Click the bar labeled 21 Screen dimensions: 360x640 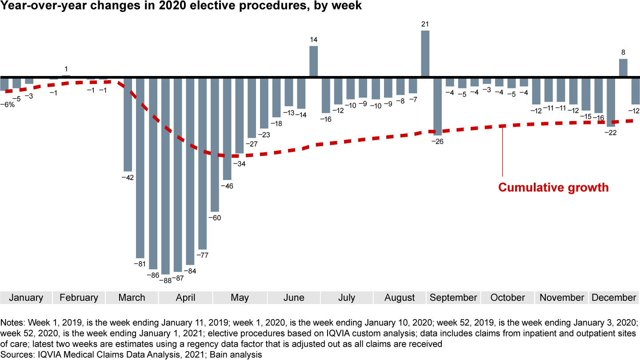(x=425, y=53)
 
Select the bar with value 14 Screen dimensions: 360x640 (x=313, y=61)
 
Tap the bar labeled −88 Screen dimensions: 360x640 (x=165, y=176)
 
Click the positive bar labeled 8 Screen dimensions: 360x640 (x=623, y=68)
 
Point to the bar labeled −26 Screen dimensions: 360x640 (x=437, y=106)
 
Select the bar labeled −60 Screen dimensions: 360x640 (x=215, y=144)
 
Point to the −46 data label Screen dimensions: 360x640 (x=227, y=186)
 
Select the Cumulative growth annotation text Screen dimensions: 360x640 (x=553, y=188)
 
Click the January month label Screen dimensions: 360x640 (x=26, y=298)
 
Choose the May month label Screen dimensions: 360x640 (x=240, y=298)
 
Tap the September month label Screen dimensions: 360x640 (x=453, y=298)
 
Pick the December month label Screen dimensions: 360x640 (x=614, y=298)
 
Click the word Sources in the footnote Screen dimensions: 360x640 (x=14, y=354)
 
